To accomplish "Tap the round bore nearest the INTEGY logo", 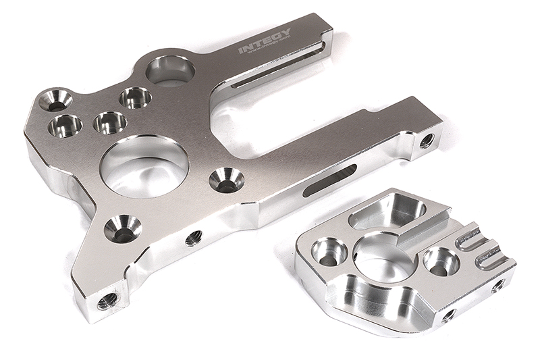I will (x=170, y=70).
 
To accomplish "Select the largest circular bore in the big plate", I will (x=144, y=166).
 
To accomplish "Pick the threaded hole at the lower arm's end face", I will (x=427, y=140).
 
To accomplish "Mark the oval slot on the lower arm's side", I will (x=330, y=179).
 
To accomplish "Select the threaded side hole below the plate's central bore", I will (x=193, y=237).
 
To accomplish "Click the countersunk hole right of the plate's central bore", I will (x=226, y=180).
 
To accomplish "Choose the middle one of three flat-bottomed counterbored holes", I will (x=110, y=122).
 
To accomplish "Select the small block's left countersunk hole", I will (x=329, y=252).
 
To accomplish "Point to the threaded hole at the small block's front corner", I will (x=448, y=315).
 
